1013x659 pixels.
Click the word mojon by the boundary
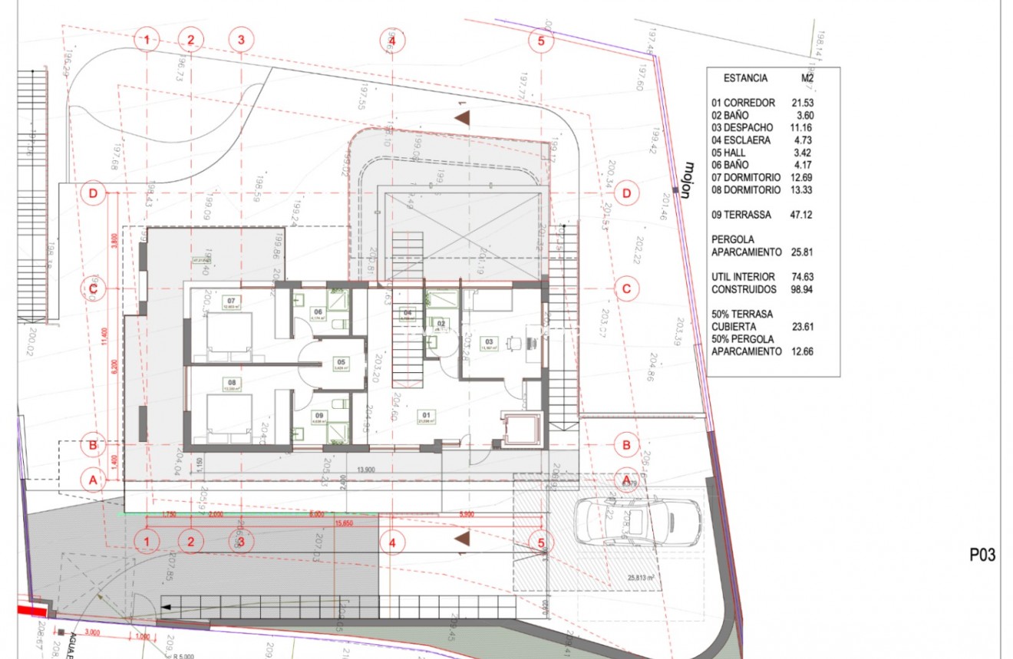pyautogui.click(x=689, y=180)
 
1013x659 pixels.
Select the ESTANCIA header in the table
pyautogui.click(x=745, y=78)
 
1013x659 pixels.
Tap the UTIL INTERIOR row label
pyautogui.click(x=743, y=277)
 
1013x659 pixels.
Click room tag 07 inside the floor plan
pyautogui.click(x=231, y=301)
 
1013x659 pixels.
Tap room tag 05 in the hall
pyautogui.click(x=340, y=362)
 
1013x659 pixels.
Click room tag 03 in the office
pyautogui.click(x=488, y=341)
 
